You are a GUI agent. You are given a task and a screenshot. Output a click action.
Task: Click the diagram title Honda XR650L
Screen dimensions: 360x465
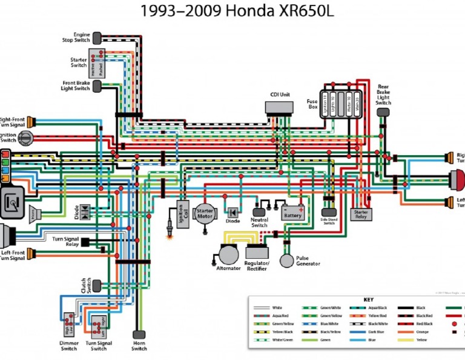click(237, 11)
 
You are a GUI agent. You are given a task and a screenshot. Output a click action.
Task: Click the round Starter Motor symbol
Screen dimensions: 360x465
click(205, 214)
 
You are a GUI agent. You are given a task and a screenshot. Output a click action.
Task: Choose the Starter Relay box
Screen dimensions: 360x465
click(361, 213)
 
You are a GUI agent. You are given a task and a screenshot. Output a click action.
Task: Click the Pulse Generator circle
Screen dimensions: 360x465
click(287, 261)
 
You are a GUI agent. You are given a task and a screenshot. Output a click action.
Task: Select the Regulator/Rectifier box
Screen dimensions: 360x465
click(257, 253)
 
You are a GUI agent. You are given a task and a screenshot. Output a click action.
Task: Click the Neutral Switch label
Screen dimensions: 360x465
click(259, 222)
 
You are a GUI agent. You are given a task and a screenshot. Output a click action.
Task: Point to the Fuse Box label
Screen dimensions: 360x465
click(312, 104)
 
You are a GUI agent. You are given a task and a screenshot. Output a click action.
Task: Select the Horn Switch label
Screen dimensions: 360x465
click(139, 345)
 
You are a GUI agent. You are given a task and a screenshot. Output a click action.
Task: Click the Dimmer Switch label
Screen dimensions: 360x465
click(69, 346)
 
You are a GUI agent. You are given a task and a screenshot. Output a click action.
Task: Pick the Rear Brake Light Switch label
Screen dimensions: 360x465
click(383, 95)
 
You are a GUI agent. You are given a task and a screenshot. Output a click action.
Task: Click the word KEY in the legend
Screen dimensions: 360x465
click(368, 300)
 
